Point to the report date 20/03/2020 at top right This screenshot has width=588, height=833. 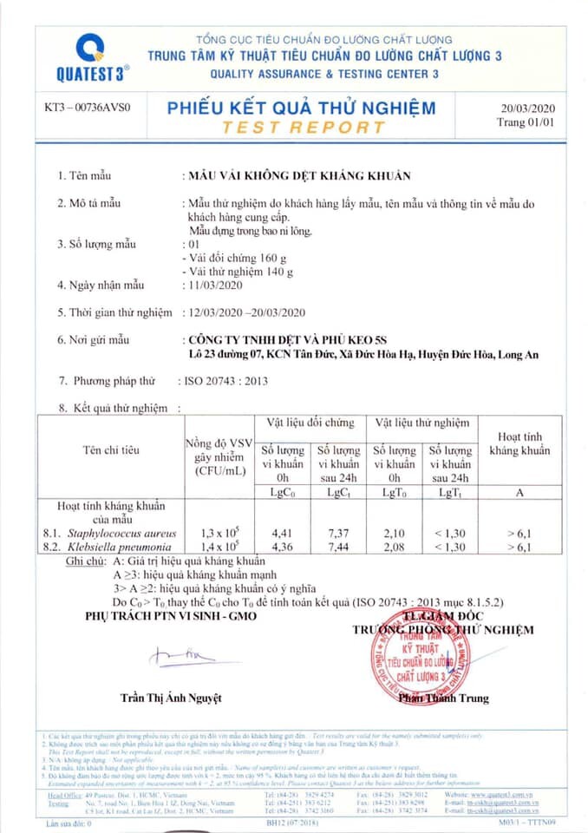pyautogui.click(x=527, y=109)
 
